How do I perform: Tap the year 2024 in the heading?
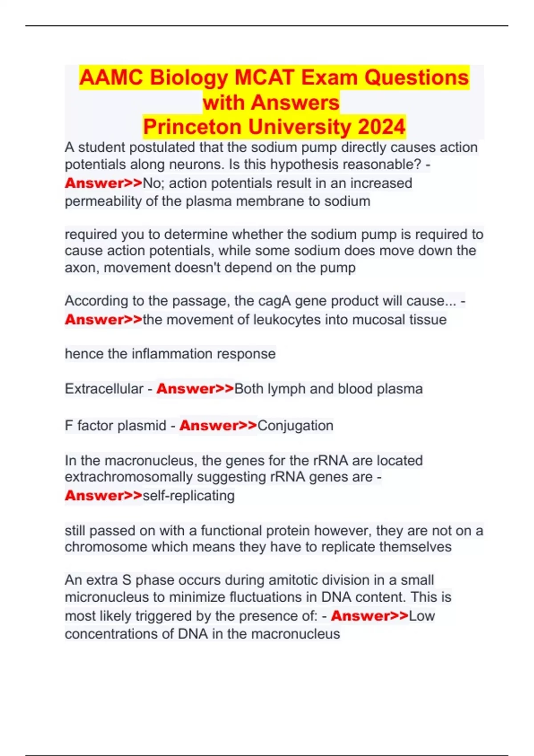point(381,127)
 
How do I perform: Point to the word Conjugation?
point(295,426)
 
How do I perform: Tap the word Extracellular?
point(104,389)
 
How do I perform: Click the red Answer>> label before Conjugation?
point(218,426)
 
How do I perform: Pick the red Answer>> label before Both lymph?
point(195,389)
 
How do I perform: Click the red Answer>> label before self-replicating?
point(103,495)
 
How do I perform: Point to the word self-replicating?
point(188,495)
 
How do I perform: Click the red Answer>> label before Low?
point(369,616)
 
